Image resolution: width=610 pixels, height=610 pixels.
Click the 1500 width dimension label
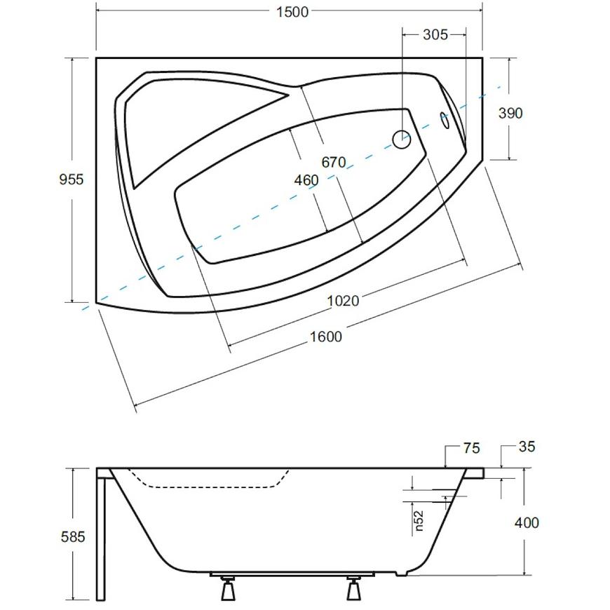(292, 12)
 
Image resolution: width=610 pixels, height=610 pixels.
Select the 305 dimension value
(435, 34)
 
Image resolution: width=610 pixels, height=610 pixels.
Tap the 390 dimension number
(510, 113)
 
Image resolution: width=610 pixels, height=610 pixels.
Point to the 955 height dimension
(72, 179)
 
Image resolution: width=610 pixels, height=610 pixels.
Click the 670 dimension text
(334, 162)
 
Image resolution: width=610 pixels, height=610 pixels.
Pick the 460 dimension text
(306, 180)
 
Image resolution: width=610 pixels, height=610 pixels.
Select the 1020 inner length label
(343, 301)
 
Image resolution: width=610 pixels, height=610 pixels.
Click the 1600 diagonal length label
(325, 337)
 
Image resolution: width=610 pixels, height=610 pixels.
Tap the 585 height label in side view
(73, 537)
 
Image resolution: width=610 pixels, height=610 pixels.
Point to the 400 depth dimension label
(527, 522)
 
